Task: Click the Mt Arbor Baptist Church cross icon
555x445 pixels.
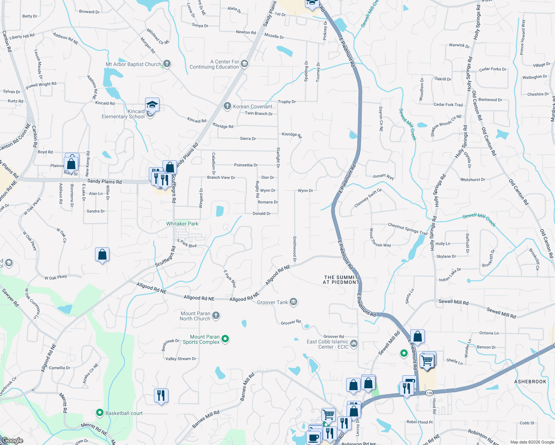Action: (167, 64)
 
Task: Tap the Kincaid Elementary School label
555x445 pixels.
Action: (123, 114)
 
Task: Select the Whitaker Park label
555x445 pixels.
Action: (182, 224)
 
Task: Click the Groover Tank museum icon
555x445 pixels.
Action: (293, 302)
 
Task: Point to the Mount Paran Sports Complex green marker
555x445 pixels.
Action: (225, 339)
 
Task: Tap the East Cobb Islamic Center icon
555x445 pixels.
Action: (354, 344)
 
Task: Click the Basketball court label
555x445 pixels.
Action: (124, 413)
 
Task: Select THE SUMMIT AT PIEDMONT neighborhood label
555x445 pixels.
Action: (341, 280)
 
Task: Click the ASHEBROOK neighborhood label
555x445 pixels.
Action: (530, 382)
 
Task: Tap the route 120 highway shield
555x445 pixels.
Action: (429, 393)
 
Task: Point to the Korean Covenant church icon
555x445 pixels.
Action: (227, 106)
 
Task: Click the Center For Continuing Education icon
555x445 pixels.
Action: (244, 64)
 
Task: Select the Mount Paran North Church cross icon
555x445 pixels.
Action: (216, 316)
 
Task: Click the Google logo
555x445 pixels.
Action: (12, 441)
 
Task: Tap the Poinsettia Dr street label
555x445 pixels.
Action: (246, 165)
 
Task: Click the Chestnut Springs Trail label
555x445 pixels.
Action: (407, 228)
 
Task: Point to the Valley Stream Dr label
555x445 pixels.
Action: (181, 359)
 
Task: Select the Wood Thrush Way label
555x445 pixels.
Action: (380, 239)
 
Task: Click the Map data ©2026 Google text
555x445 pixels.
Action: (532, 442)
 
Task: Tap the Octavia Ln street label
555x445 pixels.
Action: (489, 333)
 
